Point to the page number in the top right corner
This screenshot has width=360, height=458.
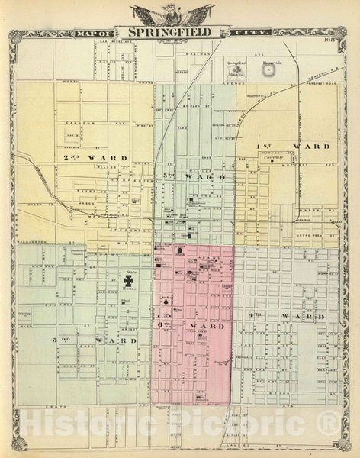pyautogui.click(x=329, y=32)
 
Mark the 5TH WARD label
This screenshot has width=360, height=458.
pyautogui.click(x=195, y=176)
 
